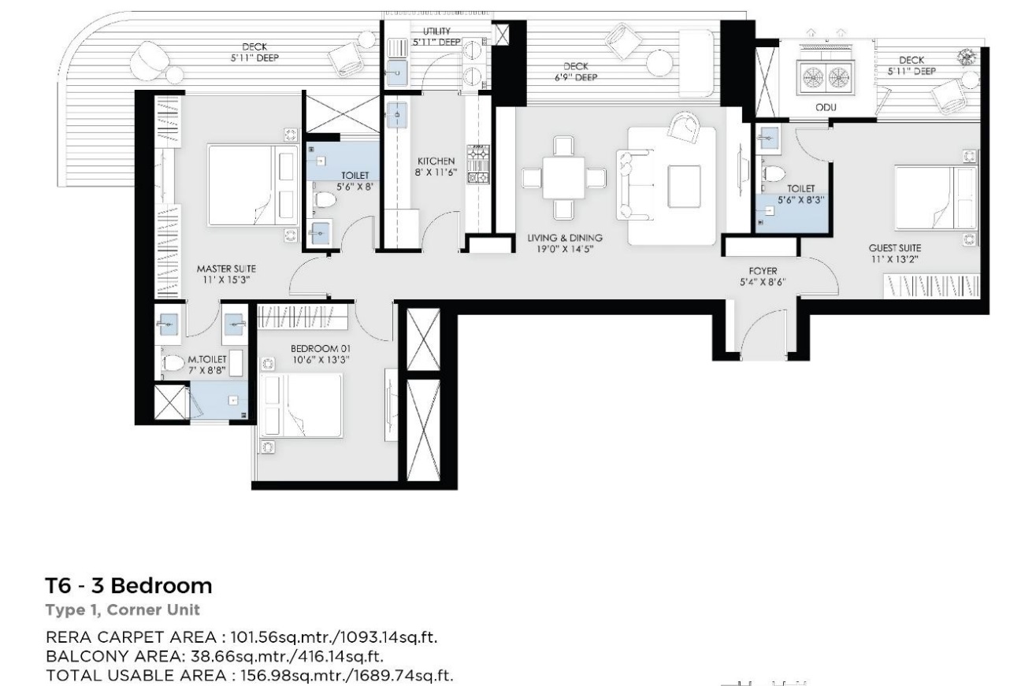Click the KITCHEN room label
(x=436, y=161)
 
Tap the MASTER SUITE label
(x=226, y=269)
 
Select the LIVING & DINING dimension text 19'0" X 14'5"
(x=565, y=249)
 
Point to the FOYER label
(x=763, y=271)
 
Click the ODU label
(x=826, y=107)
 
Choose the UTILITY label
(x=436, y=31)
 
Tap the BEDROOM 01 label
(x=320, y=348)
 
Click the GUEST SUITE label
(x=894, y=248)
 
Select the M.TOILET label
(x=207, y=359)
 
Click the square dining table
(x=563, y=177)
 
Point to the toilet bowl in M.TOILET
(x=173, y=363)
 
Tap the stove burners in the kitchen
(x=478, y=164)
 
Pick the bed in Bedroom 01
(x=301, y=405)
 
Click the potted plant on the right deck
(x=967, y=57)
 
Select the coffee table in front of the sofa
(x=684, y=186)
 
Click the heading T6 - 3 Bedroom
(x=128, y=586)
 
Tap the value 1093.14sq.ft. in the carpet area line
(x=388, y=637)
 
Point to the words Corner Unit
(x=154, y=610)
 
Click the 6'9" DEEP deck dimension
(x=576, y=77)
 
